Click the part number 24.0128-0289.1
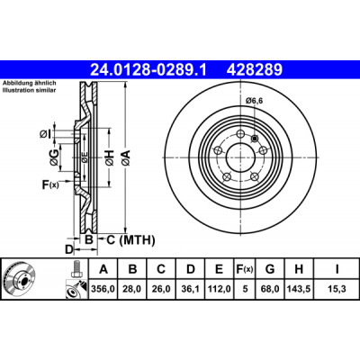click(x=148, y=70)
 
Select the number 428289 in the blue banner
click(x=255, y=70)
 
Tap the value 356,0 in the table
click(x=103, y=289)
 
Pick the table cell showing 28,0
click(x=132, y=289)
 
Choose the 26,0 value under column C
click(x=161, y=289)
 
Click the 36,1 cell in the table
click(x=190, y=289)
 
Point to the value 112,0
click(x=220, y=289)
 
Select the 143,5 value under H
click(x=299, y=289)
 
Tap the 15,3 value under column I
click(x=337, y=289)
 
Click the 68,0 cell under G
click(x=270, y=289)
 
